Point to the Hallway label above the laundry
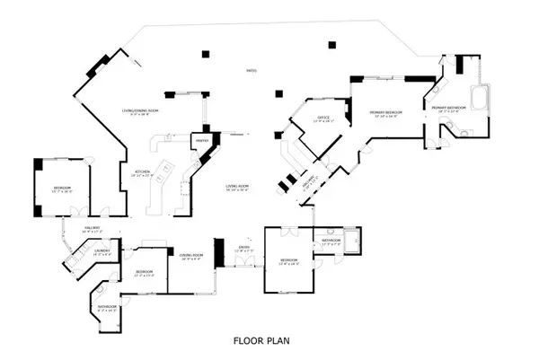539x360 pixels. [x=93, y=230]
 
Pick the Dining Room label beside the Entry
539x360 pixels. [x=190, y=257]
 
